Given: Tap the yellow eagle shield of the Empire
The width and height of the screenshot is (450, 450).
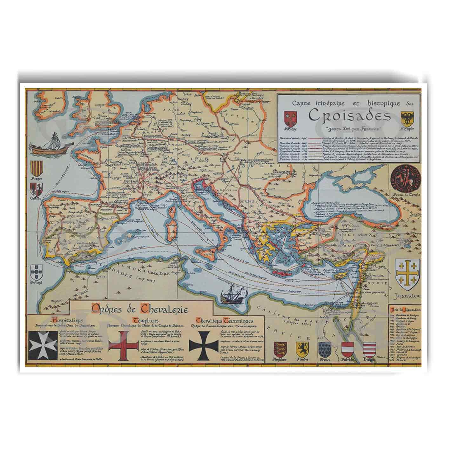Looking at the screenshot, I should (407, 118).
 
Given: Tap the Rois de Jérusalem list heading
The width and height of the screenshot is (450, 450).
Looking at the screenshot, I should (405, 308).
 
